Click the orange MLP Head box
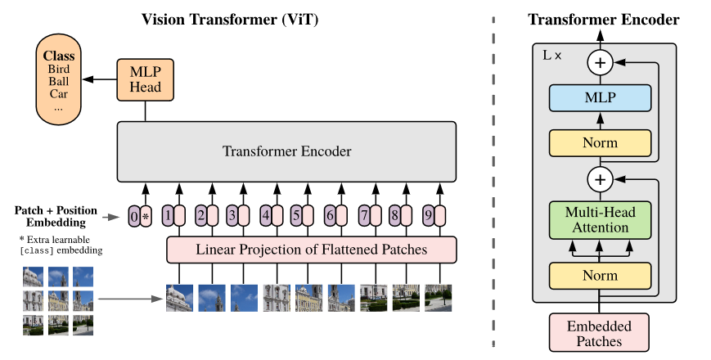click(x=145, y=79)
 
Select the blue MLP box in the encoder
click(x=600, y=97)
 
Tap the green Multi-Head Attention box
click(x=600, y=220)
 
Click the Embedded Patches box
click(x=599, y=333)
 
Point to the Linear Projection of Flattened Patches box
click(x=312, y=250)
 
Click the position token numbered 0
click(x=133, y=216)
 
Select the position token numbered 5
click(x=296, y=215)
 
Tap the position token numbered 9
click(x=429, y=215)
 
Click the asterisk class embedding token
click(x=146, y=216)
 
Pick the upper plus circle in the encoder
click(x=600, y=62)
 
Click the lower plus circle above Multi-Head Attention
click(x=600, y=179)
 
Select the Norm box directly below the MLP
click(x=600, y=143)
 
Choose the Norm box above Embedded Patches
click(x=600, y=276)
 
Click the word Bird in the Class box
click(x=59, y=69)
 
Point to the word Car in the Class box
click(x=59, y=94)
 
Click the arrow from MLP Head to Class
click(x=99, y=79)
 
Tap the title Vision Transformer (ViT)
click(x=230, y=20)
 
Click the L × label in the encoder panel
click(x=552, y=56)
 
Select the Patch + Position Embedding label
click(x=56, y=216)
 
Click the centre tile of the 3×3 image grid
click(x=58, y=300)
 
